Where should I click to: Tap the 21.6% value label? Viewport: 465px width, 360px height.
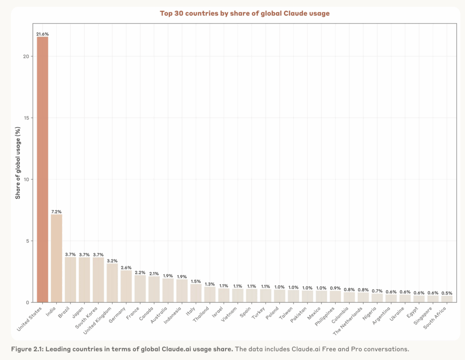tap(42, 34)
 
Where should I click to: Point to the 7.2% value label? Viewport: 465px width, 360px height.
tap(56, 212)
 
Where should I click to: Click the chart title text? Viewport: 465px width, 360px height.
tap(245, 13)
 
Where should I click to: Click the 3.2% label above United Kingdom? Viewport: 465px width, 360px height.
tap(112, 261)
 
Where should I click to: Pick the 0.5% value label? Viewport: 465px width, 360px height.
tap(447, 293)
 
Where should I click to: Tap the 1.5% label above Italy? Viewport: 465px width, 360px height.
tap(196, 281)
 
